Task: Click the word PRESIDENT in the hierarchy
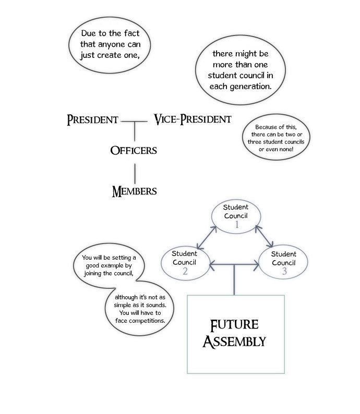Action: (93, 120)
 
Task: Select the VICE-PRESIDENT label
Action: (193, 119)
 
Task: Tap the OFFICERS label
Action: (134, 150)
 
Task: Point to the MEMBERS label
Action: (134, 190)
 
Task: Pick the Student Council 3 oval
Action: (283, 262)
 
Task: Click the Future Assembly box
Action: (236, 334)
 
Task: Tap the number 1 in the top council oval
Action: (236, 225)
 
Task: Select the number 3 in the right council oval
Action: (284, 272)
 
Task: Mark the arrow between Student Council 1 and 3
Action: (264, 237)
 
